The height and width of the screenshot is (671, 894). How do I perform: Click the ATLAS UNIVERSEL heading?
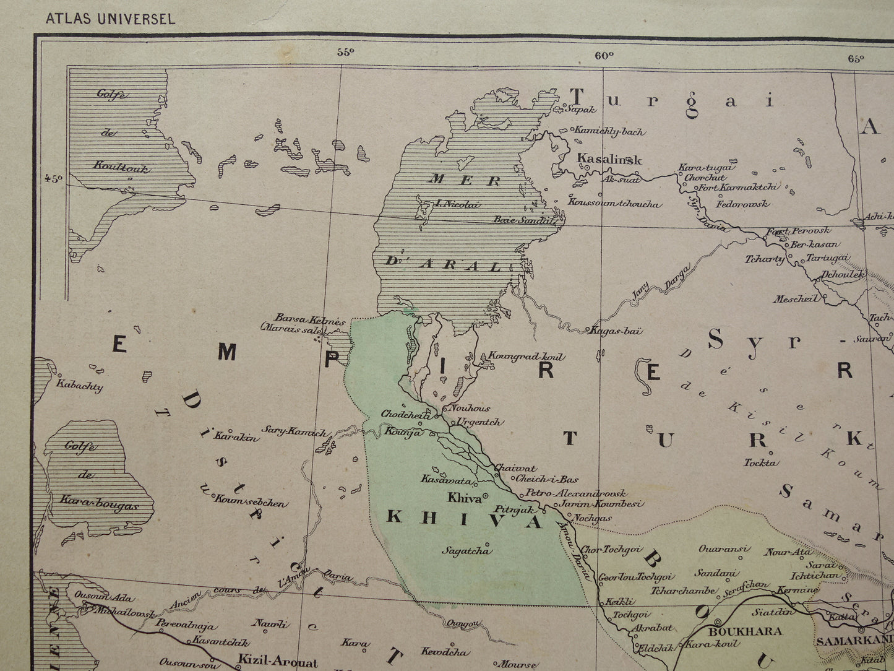pos(110,19)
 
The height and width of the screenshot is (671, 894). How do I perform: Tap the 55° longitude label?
pos(345,53)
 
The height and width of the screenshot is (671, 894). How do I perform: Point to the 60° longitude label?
pos(604,55)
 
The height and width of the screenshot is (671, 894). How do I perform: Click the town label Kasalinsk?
pos(609,158)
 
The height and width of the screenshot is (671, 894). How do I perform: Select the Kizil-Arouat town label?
pos(278,662)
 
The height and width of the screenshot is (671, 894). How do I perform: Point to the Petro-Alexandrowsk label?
pos(575,493)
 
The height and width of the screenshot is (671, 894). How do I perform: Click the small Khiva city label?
pos(465,497)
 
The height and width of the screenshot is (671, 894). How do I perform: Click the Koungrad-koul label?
pos(527,357)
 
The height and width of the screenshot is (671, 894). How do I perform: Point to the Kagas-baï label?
pos(618,331)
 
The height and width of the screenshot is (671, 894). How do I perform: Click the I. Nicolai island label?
pos(457,204)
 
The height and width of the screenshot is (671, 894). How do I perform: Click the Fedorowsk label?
pos(743,203)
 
